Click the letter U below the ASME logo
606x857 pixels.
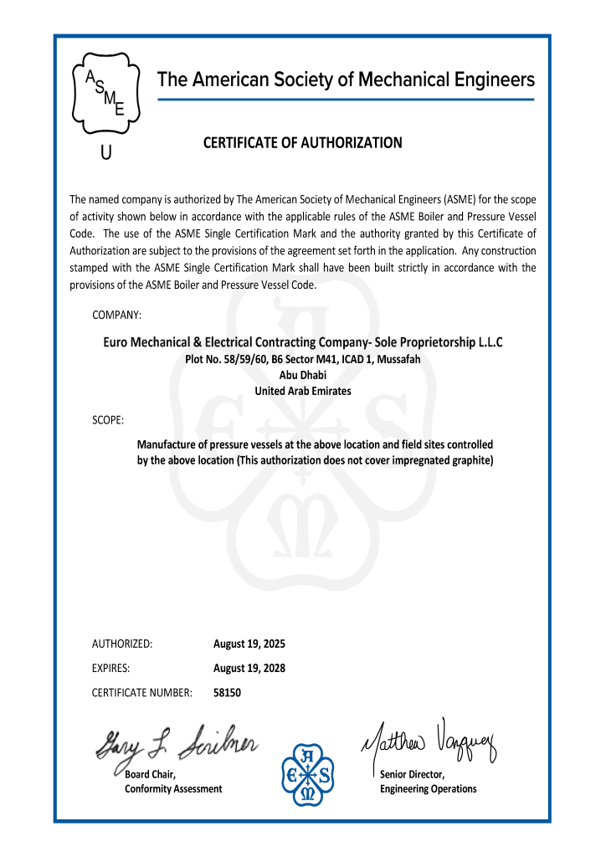point(105,154)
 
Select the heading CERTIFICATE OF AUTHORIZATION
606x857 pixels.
point(302,143)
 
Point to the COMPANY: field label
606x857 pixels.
point(116,315)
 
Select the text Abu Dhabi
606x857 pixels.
point(302,375)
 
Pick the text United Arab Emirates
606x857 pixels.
point(302,391)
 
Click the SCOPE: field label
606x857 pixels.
point(108,418)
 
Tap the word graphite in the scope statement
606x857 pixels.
point(470,460)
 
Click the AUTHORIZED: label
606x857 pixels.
point(121,644)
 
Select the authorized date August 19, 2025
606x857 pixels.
point(249,644)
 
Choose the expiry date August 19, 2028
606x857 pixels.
point(249,669)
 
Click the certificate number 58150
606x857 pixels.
point(228,693)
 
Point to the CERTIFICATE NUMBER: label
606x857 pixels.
point(142,693)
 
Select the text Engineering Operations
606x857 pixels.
point(428,789)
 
